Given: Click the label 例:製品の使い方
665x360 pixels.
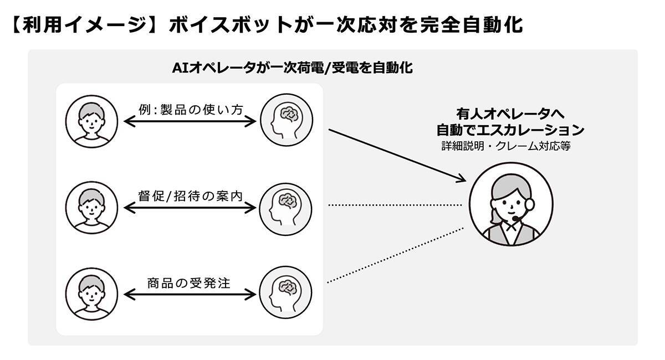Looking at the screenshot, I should (190, 109).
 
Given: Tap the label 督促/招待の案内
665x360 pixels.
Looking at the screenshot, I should (190, 196).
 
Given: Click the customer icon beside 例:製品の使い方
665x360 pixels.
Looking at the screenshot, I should (91, 121).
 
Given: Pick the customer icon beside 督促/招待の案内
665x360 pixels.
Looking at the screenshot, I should (91, 207).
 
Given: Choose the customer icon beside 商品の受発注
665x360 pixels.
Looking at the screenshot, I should (91, 294).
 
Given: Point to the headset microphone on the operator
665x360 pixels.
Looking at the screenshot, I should (516, 219).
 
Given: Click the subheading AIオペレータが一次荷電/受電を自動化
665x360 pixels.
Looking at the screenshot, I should (293, 69).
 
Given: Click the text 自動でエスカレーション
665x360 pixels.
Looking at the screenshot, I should (510, 131).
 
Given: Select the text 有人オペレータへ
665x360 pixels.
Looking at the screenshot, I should (510, 115).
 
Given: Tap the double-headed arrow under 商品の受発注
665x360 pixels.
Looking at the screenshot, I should (190, 294).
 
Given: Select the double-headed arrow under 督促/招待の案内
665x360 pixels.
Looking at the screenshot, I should (190, 208).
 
